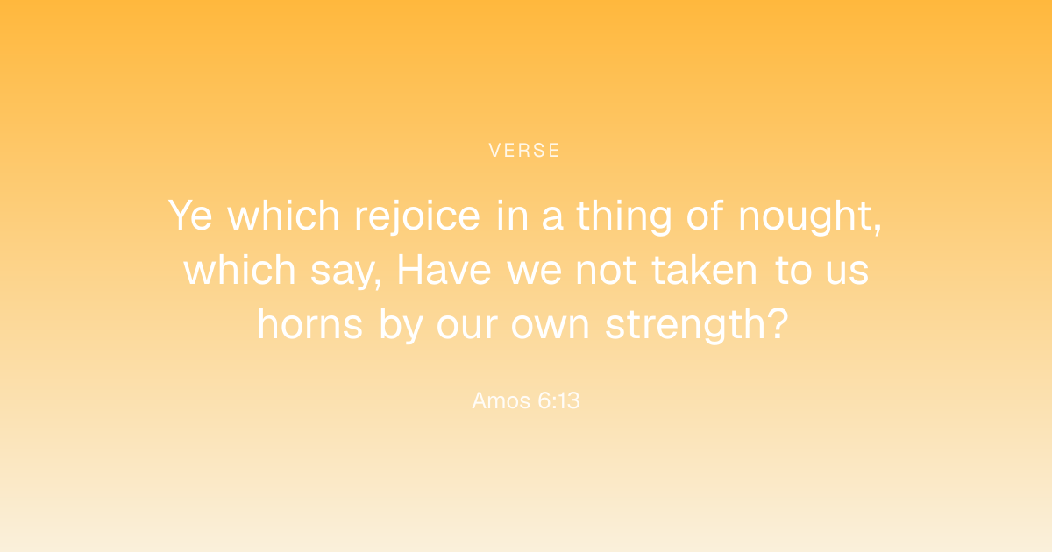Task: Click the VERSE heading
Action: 524,151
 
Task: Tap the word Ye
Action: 190,216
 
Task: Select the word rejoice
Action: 417,216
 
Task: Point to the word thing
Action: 624,216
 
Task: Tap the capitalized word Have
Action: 444,270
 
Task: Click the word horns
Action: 310,324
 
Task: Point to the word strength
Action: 689,325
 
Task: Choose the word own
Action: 550,327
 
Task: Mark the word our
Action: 466,327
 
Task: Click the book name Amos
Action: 501,401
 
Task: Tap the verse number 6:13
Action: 559,401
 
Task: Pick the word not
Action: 606,271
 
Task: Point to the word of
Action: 705,215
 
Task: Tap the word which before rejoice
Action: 283,215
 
